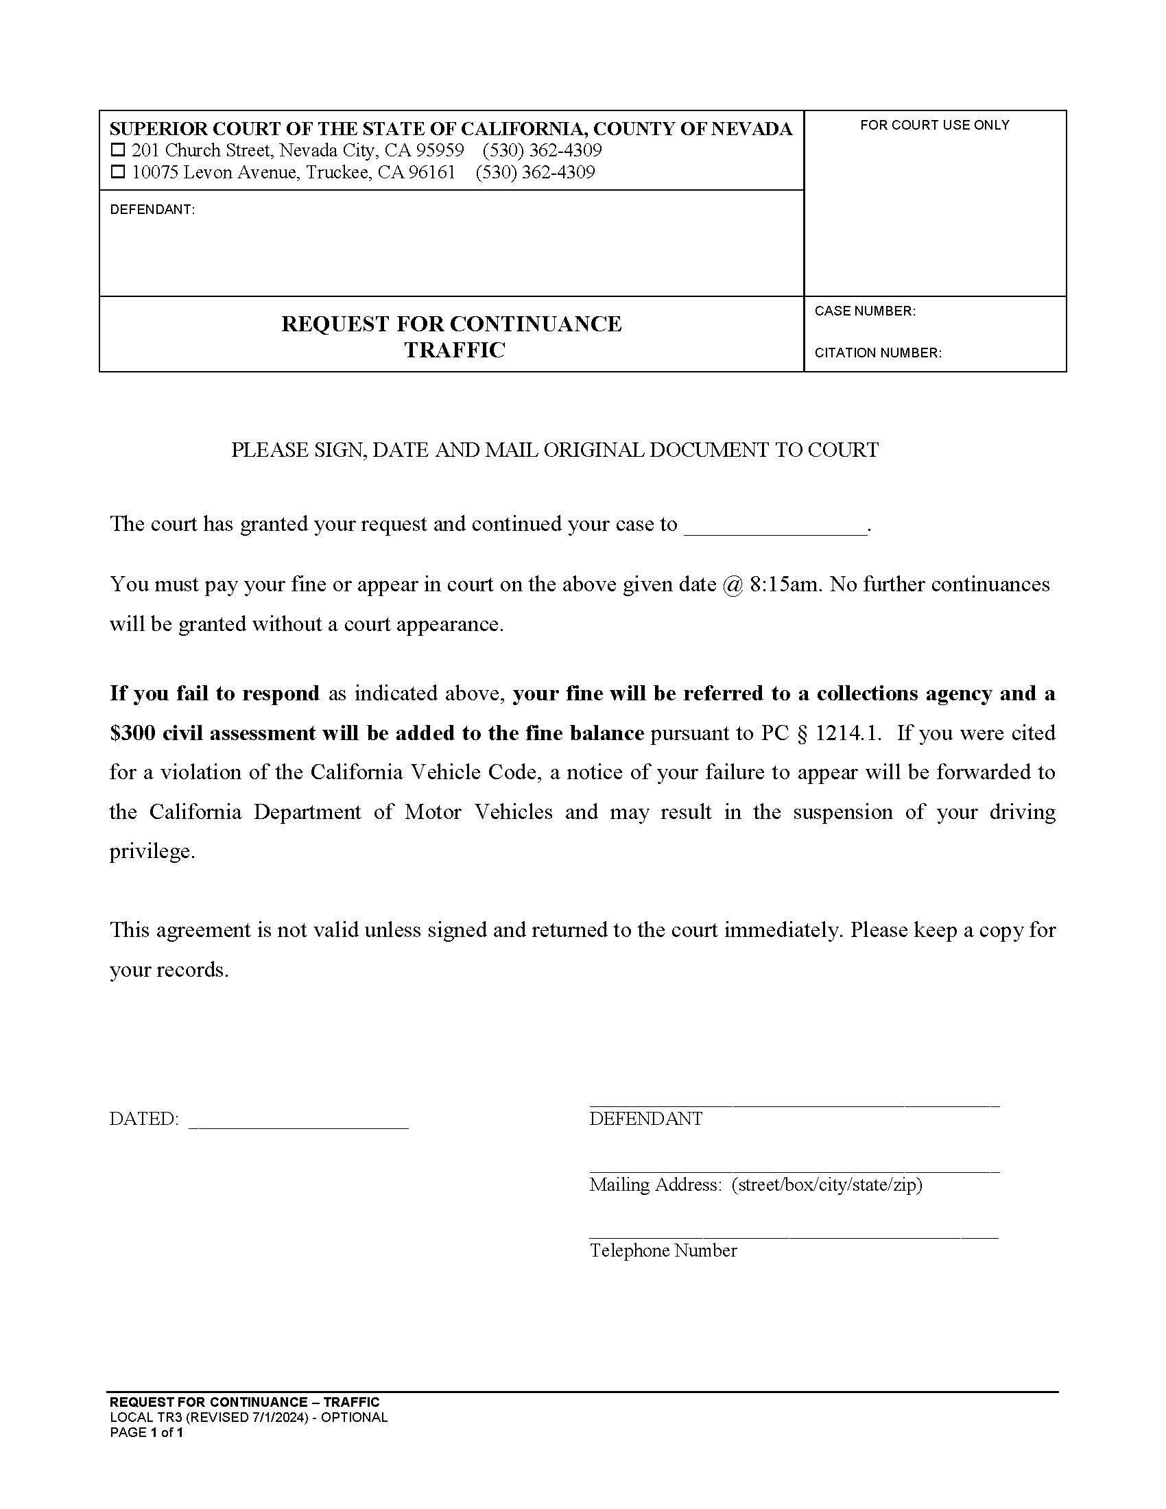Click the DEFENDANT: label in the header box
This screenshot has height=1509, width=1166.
[x=152, y=210]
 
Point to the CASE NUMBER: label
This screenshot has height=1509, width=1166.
[x=865, y=311]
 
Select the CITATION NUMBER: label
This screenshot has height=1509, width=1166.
[x=877, y=353]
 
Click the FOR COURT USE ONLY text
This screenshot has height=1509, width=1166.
[x=934, y=125]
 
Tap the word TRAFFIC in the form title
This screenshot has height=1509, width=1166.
[x=455, y=350]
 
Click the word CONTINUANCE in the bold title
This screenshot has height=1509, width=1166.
[x=536, y=324]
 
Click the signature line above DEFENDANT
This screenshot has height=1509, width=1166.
[x=794, y=1104]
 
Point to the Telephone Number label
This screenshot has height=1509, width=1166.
[x=663, y=1250]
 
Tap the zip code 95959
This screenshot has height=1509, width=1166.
[x=440, y=151]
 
